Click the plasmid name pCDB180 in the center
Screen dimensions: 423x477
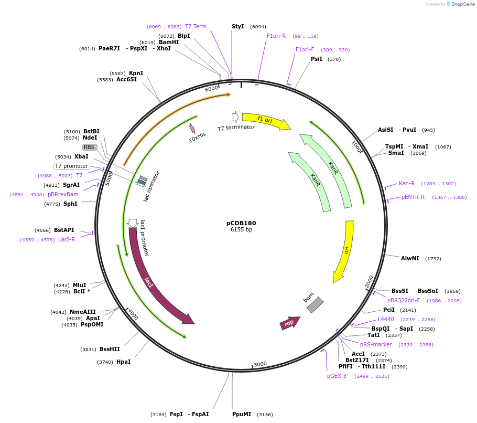coord(241,223)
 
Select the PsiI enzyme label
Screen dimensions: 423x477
coord(317,59)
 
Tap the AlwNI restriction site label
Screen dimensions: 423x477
coord(410,258)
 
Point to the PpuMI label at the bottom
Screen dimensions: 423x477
coord(242,414)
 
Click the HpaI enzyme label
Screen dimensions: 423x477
coord(123,362)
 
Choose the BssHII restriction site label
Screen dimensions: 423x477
coord(110,349)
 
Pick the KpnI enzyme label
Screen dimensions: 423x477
coord(136,73)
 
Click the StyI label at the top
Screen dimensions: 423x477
coord(238,26)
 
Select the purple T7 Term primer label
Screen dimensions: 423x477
coord(196,26)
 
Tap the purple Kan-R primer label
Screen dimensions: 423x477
coord(407,183)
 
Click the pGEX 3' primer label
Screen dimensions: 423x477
coord(338,376)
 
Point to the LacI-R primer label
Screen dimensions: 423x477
coord(67,239)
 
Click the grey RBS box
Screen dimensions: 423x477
coord(90,147)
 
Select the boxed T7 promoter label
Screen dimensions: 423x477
coord(71,166)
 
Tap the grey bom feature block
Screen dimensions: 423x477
coord(315,305)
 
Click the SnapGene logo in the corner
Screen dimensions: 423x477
coord(460,4)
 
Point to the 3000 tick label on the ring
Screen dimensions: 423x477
coord(260,364)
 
